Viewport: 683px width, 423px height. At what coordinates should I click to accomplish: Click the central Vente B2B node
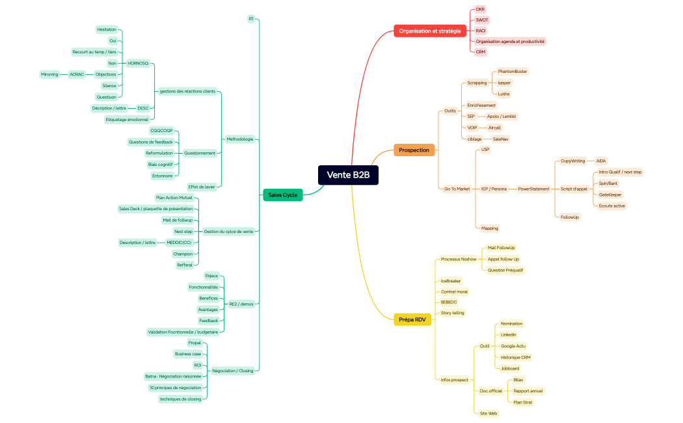tap(348, 175)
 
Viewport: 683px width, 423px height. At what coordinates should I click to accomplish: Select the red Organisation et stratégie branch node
tap(429, 31)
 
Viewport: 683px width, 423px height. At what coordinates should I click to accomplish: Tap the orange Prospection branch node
tap(414, 150)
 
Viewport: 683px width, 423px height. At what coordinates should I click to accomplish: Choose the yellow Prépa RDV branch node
tap(412, 320)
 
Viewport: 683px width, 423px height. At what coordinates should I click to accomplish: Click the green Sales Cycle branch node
tap(282, 195)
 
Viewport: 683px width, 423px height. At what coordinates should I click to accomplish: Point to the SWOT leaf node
tap(481, 20)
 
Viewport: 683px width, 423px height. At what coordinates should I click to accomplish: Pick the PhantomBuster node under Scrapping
tap(513, 72)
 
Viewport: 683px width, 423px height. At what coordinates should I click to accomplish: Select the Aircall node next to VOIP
tap(494, 128)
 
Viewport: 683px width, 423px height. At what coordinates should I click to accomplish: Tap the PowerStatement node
tap(533, 189)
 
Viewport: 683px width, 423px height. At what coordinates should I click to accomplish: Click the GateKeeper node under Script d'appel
tap(610, 195)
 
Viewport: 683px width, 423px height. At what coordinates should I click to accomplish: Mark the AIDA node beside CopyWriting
tap(600, 161)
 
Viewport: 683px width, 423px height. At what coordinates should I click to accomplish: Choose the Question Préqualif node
tap(505, 270)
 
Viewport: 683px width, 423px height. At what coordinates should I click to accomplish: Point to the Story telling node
tap(453, 313)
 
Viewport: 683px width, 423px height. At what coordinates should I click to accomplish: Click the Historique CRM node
tap(516, 357)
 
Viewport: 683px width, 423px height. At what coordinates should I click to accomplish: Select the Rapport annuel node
tap(528, 391)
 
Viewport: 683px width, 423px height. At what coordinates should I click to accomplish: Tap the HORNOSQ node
tap(138, 63)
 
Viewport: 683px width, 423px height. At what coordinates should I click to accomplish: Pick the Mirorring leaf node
tap(49, 74)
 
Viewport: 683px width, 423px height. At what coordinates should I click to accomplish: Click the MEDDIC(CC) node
tap(179, 243)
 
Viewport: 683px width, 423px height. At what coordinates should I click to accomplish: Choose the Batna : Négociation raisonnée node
tap(174, 376)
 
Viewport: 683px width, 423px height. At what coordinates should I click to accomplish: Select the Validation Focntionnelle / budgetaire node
tap(183, 332)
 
